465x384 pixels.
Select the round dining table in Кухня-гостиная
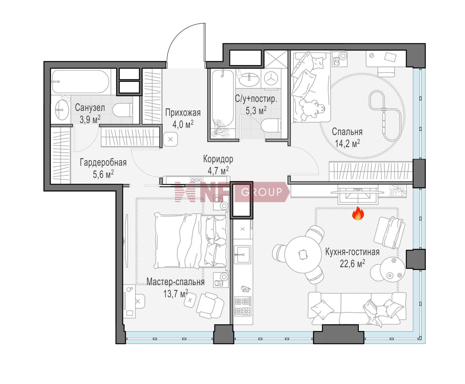pyautogui.click(x=303, y=255)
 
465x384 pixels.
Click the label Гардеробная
pyautogui.click(x=103, y=163)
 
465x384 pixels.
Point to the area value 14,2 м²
pyautogui.click(x=347, y=143)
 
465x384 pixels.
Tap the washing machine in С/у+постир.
pyautogui.click(x=271, y=78)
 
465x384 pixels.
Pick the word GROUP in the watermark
pyautogui.click(x=261, y=192)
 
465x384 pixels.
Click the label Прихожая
pyautogui.click(x=183, y=113)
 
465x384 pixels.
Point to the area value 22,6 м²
pyautogui.click(x=352, y=264)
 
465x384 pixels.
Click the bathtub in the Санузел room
pyautogui.click(x=80, y=82)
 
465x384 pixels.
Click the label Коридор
pyautogui.click(x=218, y=159)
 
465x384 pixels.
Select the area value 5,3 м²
pyautogui.click(x=256, y=110)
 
